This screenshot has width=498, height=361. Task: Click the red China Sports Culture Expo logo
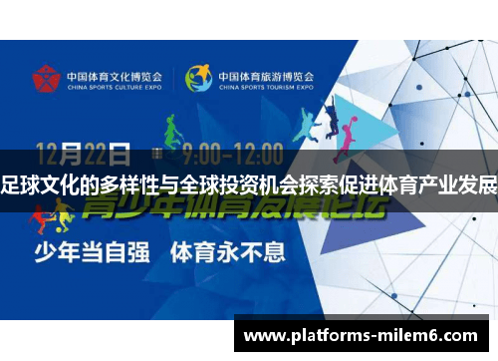pos(46,78)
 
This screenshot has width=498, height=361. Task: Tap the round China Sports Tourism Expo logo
pos(198,78)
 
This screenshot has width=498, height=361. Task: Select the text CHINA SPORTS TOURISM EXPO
pos(266,87)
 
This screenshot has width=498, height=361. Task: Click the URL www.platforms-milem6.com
pos(364,337)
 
